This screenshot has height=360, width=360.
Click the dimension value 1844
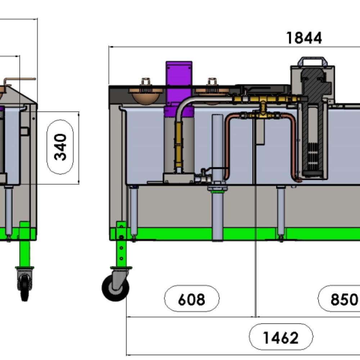(303, 37)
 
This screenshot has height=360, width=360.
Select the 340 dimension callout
(61, 147)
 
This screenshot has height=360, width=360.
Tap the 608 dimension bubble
(192, 299)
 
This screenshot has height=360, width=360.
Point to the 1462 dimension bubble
(281, 337)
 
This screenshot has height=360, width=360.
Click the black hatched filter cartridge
(312, 119)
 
